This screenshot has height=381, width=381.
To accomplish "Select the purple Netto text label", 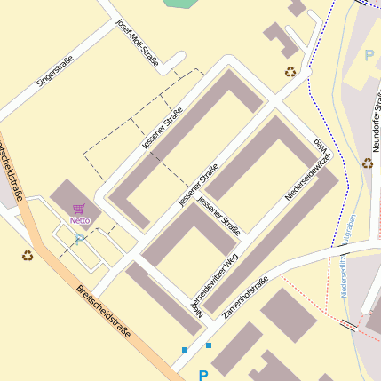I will pyautogui.click(x=81, y=220).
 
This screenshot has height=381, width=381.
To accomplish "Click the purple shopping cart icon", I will pyautogui.click(x=80, y=209).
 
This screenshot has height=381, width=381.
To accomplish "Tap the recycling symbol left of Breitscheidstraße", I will pyautogui.click(x=28, y=256).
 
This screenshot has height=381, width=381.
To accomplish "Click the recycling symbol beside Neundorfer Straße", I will pyautogui.click(x=367, y=163).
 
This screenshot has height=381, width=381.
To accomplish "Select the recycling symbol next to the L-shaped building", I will pyautogui.click(x=290, y=72).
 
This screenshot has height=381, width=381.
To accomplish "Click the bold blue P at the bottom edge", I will pyautogui.click(x=203, y=376).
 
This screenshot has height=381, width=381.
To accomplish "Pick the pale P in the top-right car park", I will pyautogui.click(x=369, y=56).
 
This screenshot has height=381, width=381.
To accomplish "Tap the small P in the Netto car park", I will pyautogui.click(x=78, y=239).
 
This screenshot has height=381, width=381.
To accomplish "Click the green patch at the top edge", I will pyautogui.click(x=182, y=4).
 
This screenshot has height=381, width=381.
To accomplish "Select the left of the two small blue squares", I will pyautogui.click(x=185, y=350).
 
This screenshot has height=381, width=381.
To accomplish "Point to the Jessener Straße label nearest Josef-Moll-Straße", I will pyautogui.click(x=162, y=127).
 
